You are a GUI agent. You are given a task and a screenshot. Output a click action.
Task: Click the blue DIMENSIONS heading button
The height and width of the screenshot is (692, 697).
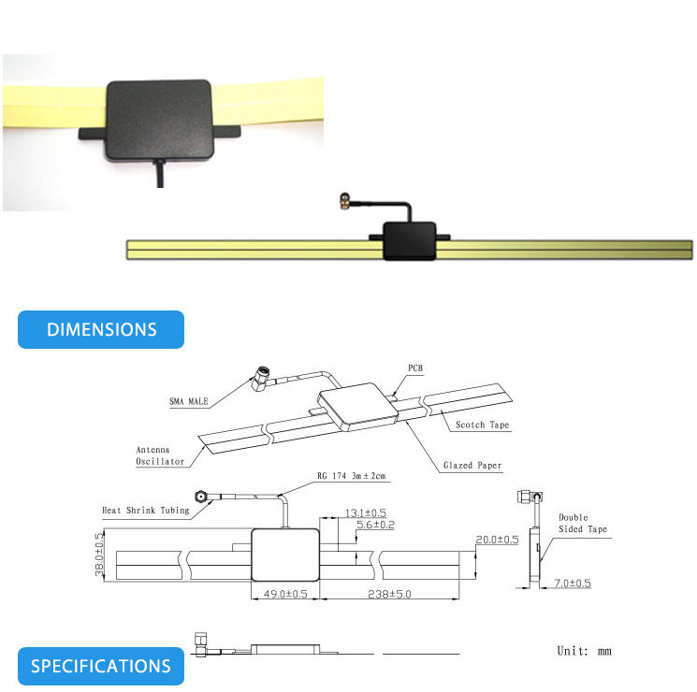tap(101, 329)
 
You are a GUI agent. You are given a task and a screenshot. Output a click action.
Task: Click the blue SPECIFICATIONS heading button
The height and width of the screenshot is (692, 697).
tap(101, 666)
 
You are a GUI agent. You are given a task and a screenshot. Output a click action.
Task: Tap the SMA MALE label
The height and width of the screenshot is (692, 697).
tap(189, 402)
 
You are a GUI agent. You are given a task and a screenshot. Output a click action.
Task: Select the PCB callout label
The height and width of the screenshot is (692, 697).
tap(415, 368)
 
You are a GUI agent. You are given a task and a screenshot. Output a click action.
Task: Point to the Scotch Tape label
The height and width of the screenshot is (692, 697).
tap(483, 425)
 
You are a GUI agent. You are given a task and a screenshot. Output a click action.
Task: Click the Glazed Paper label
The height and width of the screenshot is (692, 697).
tap(472, 465)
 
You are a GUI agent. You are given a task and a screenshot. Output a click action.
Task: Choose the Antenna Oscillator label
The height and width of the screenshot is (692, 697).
tap(160, 454)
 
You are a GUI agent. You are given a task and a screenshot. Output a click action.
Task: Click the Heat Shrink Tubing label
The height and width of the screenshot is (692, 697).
tap(145, 510)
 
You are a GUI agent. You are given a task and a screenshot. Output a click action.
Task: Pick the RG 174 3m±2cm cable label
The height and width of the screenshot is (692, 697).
tap(352, 477)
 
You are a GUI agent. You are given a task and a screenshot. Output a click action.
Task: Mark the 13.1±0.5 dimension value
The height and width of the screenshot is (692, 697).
tap(366, 512)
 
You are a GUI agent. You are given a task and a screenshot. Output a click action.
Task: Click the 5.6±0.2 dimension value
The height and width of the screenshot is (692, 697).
tap(375, 526)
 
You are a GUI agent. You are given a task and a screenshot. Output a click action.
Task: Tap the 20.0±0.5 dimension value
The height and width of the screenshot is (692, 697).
tap(497, 540)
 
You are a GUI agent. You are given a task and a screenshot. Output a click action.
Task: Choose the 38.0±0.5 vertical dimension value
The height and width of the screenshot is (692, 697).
tap(97, 555)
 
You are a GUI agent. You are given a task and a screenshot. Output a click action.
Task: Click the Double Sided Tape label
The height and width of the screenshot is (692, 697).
tap(582, 524)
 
